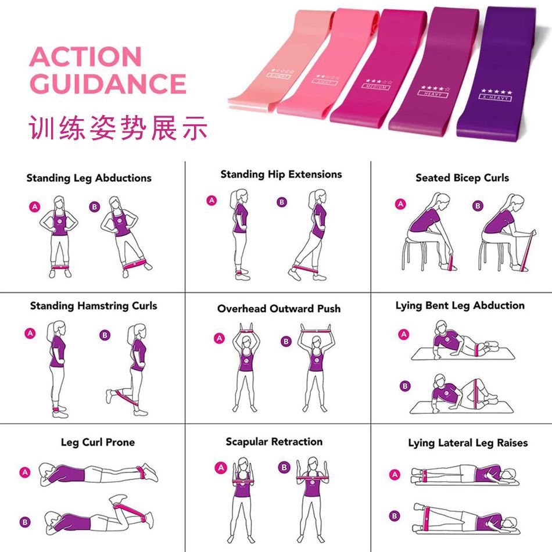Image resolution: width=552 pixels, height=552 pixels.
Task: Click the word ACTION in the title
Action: click(x=85, y=57)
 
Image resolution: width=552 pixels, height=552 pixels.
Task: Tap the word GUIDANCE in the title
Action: click(x=107, y=84)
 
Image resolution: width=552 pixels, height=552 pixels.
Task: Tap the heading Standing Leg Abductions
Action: click(x=88, y=178)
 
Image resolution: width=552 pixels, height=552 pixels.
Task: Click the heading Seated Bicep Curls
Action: click(x=462, y=178)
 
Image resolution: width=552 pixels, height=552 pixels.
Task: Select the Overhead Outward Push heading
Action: click(x=279, y=309)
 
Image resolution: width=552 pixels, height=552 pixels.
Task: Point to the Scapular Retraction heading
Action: click(x=274, y=442)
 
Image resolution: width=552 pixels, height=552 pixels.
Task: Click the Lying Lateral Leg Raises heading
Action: click(x=468, y=443)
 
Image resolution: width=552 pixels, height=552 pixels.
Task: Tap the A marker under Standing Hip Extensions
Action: click(x=212, y=200)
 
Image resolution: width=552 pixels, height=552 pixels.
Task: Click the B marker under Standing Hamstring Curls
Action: click(x=105, y=335)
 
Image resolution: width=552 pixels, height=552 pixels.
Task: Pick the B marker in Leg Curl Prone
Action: click(x=25, y=522)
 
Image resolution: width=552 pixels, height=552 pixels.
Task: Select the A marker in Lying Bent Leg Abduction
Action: click(x=403, y=334)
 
